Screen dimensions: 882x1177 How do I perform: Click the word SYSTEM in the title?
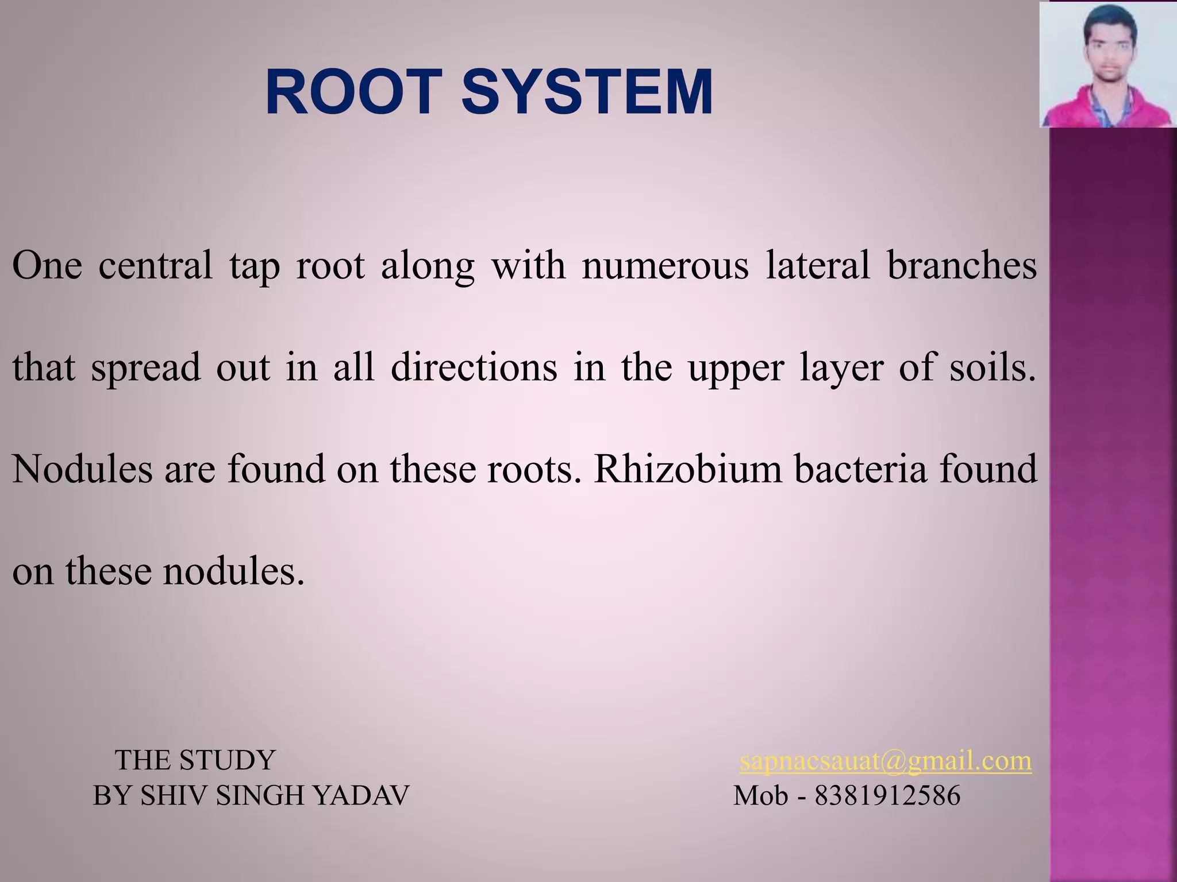(x=587, y=92)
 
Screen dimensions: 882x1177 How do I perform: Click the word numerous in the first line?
(x=665, y=266)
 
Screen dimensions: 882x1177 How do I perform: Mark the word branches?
(x=961, y=266)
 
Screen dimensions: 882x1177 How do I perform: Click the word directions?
(x=474, y=367)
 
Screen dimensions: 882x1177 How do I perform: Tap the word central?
(x=155, y=266)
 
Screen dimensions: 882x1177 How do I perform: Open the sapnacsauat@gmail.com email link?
(x=885, y=761)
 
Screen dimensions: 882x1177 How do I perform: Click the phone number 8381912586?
(x=887, y=796)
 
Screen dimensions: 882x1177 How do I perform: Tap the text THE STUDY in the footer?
(x=195, y=760)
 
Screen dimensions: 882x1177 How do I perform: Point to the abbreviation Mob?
(x=760, y=796)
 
